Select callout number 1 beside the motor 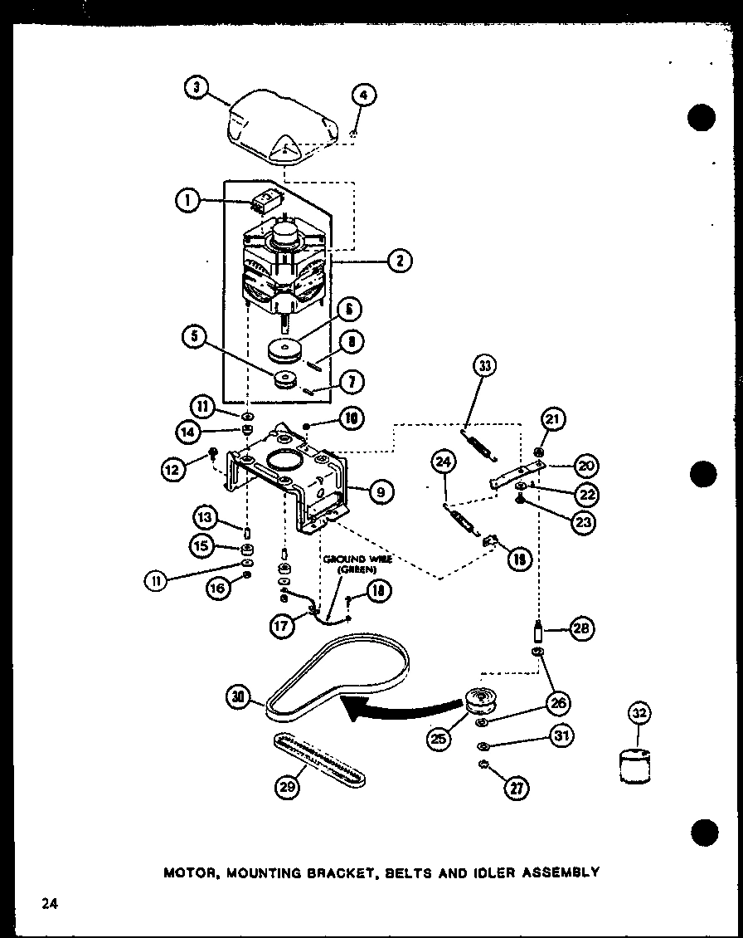[x=187, y=201]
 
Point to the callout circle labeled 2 [x=400, y=261]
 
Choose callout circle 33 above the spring [x=485, y=367]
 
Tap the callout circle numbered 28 [x=580, y=628]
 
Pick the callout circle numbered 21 [x=554, y=420]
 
